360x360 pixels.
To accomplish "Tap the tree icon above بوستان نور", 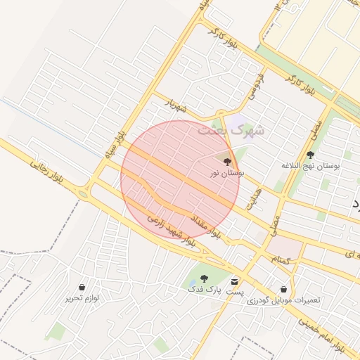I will (226, 162).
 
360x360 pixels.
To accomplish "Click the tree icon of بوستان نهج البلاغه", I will (310, 155).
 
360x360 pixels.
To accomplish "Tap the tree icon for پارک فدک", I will (204, 278).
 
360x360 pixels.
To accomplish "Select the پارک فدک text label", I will (204, 289).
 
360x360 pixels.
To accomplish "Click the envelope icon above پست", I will (235, 280).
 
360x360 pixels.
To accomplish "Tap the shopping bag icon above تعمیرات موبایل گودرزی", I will (283, 289).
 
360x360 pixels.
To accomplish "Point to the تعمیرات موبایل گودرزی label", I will (283, 300).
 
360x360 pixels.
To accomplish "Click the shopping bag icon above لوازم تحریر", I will (82, 288).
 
